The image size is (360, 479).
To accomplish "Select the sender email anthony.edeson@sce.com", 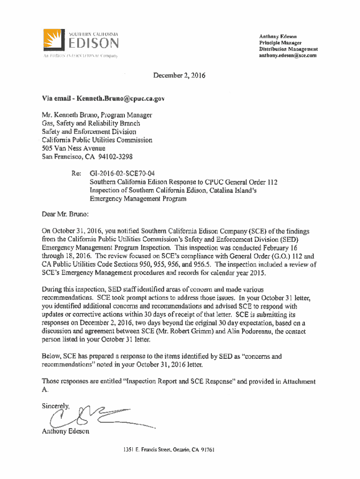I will pos(288,55).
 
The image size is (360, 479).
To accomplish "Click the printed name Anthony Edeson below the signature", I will pos(65,431).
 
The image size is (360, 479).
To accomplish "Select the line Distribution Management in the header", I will pos(288,49).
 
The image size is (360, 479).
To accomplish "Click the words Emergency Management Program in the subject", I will pos(138,199).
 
